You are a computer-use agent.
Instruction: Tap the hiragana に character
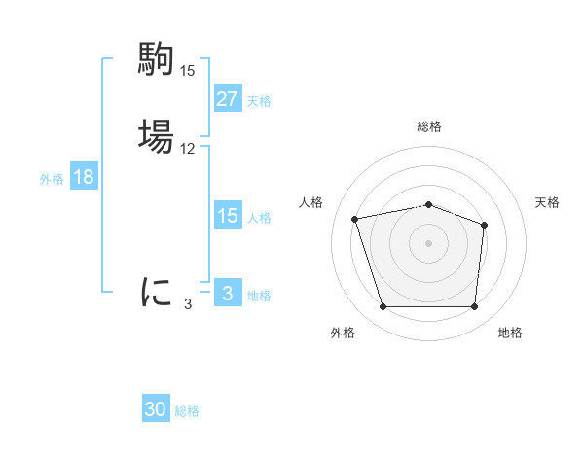[x=157, y=292]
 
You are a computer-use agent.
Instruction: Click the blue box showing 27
[x=227, y=99]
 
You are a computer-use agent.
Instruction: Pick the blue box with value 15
[x=227, y=216]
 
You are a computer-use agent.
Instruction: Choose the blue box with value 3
[x=227, y=294]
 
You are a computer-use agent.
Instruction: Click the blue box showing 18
[x=83, y=177]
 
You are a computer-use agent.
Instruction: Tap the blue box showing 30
[x=156, y=410]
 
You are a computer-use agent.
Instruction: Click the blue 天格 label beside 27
[x=259, y=100]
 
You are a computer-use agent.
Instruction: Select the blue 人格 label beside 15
[x=259, y=217]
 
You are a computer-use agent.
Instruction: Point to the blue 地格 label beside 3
[x=259, y=295]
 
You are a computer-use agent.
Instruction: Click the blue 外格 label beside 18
[x=51, y=178]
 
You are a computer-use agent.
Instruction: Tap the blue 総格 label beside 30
[x=187, y=411]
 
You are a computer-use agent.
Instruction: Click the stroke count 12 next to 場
[x=188, y=149]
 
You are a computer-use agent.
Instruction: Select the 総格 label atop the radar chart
[x=429, y=126]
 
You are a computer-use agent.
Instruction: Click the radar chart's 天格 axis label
[x=547, y=202]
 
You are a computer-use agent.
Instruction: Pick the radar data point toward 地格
[x=474, y=307]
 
